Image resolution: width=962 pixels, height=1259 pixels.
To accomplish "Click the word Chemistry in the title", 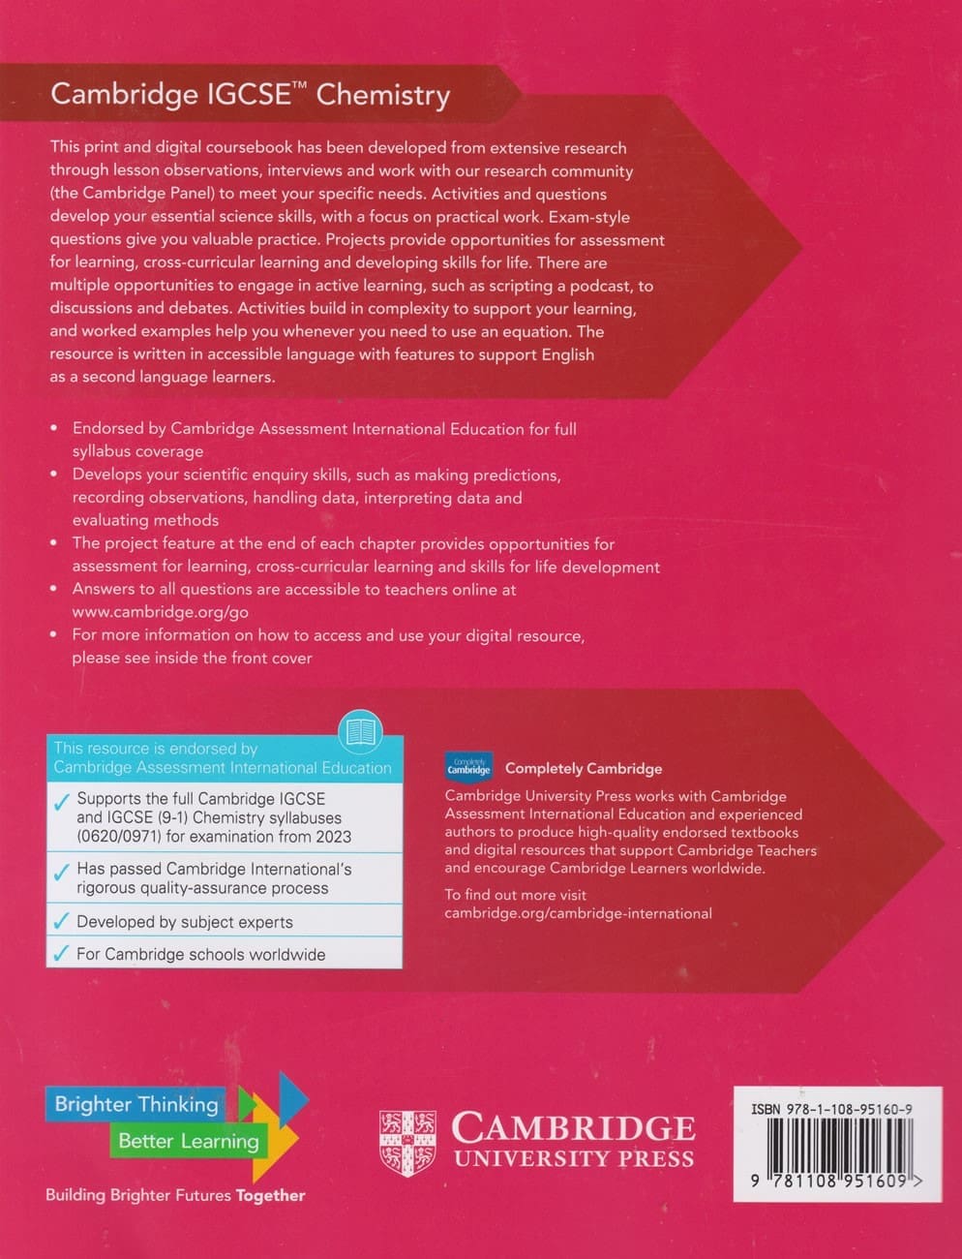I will (382, 95).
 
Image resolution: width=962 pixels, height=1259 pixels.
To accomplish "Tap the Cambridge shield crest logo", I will (407, 1142).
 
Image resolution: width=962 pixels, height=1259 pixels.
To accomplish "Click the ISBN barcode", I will (831, 1145).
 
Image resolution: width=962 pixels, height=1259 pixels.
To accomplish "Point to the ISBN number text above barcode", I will (831, 1109).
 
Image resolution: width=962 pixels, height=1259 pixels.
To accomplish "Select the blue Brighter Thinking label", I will (136, 1104).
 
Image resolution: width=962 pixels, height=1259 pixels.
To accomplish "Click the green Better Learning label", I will (188, 1141).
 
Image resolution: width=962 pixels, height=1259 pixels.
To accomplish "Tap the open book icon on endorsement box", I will (361, 731).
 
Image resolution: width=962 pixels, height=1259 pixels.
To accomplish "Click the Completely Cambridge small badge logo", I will (468, 768).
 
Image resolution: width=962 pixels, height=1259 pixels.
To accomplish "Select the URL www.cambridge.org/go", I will (161, 612).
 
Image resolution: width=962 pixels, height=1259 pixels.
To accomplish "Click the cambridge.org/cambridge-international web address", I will (578, 913).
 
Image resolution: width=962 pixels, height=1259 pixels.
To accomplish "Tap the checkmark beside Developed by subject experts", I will (61, 921).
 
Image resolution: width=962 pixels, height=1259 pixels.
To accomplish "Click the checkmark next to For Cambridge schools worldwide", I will (61, 954).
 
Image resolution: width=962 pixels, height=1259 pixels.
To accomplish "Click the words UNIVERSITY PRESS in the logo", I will (574, 1158).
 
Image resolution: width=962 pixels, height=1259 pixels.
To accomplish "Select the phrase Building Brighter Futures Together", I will (175, 1195).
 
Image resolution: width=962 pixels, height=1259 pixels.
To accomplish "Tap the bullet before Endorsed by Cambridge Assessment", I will (54, 428).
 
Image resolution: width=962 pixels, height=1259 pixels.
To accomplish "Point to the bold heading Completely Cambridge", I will (584, 768).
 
